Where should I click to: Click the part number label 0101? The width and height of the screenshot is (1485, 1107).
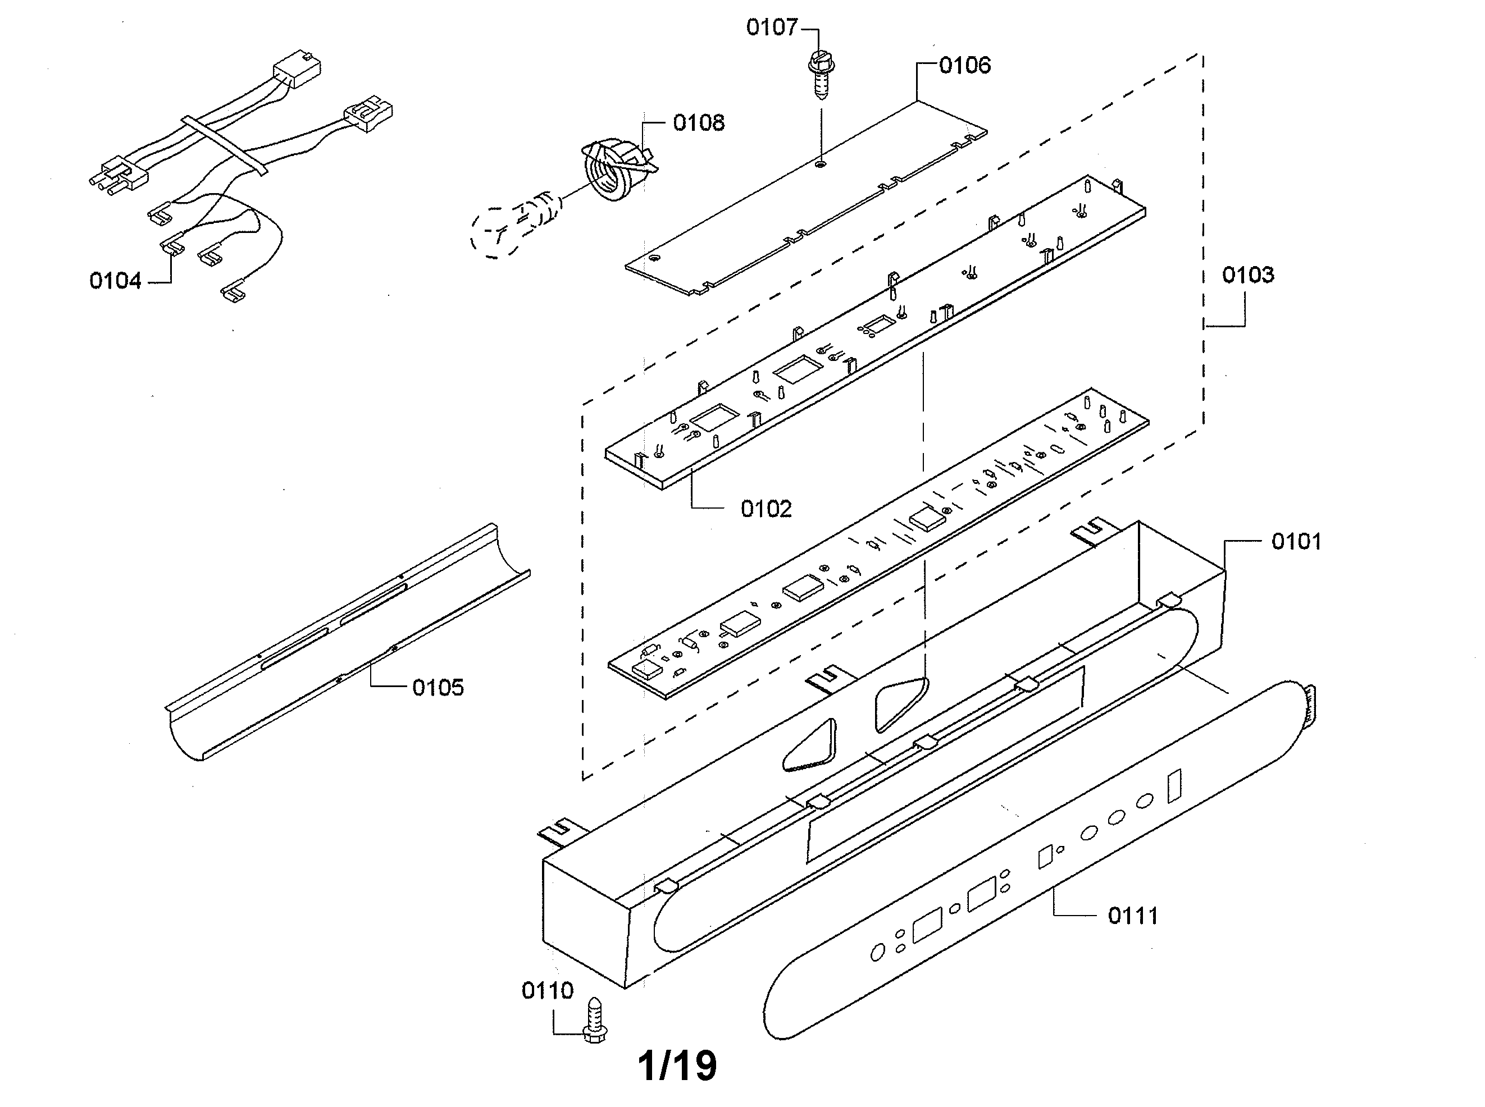coord(1296,542)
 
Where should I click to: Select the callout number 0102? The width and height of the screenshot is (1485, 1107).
coord(766,509)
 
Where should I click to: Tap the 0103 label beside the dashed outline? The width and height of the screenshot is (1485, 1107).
coord(1247,275)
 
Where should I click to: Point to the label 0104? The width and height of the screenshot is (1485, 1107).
coord(115,281)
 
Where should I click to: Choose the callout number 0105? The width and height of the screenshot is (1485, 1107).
coord(438,688)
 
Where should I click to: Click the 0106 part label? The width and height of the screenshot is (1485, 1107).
coord(965,66)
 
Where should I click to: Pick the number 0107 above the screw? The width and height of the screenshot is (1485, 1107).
coord(772,28)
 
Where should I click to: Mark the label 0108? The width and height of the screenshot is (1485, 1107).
coord(699,123)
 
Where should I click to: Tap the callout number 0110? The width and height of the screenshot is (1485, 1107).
coord(547,990)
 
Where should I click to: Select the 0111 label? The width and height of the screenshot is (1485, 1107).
coord(1133,916)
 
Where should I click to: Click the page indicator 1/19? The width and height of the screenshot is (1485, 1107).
coord(677,1065)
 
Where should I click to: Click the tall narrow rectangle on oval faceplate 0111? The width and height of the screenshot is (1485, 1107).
coord(1174,786)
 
